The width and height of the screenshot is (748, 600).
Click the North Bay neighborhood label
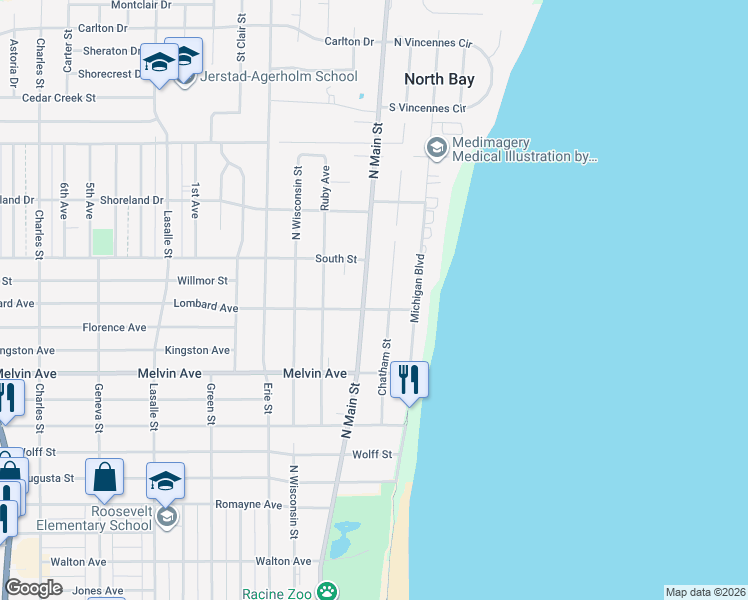pyautogui.click(x=438, y=79)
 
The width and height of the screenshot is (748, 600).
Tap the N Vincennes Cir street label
pyautogui.click(x=432, y=43)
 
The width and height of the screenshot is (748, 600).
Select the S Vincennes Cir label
pyautogui.click(x=428, y=107)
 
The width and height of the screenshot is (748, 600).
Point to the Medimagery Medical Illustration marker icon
pyautogui.click(x=436, y=149)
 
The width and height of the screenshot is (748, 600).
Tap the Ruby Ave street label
pyautogui.click(x=325, y=187)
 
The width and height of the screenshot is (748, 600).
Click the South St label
pyautogui.click(x=336, y=259)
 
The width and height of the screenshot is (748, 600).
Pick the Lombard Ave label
pyautogui.click(x=205, y=306)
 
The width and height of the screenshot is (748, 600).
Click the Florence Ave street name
pyautogui.click(x=114, y=327)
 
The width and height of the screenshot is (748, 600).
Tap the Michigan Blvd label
pyautogui.click(x=419, y=287)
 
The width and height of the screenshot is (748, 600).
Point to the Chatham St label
pyautogui.click(x=383, y=366)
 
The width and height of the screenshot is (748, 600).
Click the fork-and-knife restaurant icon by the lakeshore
pyautogui.click(x=409, y=379)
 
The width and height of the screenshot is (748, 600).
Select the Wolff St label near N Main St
pyautogui.click(x=372, y=454)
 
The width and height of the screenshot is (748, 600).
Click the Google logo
pyautogui.click(x=34, y=588)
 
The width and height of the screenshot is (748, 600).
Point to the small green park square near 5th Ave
pyautogui.click(x=103, y=242)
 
